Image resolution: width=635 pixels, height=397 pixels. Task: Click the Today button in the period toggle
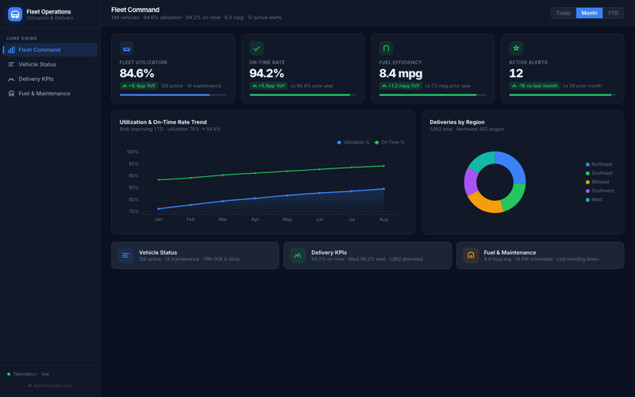(563, 13)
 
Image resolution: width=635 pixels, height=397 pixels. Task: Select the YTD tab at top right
(613, 13)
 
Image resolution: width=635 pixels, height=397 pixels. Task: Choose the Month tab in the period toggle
(589, 13)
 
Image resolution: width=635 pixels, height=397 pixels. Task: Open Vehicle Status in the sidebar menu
(37, 64)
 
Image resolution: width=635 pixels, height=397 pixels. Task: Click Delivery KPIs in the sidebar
(36, 79)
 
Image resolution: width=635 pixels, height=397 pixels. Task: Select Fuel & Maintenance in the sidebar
(44, 94)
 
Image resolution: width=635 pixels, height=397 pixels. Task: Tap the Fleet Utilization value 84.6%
(137, 73)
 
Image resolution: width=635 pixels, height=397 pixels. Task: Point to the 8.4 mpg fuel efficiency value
(398, 73)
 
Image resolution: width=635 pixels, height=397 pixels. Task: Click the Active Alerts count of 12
(516, 73)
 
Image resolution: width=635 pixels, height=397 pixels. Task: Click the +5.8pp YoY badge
(268, 86)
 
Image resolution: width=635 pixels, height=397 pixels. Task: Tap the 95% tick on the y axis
(133, 164)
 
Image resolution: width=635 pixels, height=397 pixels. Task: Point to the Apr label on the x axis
(255, 219)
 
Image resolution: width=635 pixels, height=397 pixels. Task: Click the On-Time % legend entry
(390, 142)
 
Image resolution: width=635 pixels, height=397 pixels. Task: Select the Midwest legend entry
(599, 182)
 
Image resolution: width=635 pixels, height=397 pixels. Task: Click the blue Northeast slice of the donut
(513, 166)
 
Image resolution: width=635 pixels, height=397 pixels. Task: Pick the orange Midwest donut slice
(485, 204)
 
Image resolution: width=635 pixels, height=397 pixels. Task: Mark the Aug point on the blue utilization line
(384, 189)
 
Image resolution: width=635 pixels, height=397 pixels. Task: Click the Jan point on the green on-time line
(159, 179)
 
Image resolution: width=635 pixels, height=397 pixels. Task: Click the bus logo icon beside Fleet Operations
(15, 14)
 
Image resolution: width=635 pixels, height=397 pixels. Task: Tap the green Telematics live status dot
(9, 374)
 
